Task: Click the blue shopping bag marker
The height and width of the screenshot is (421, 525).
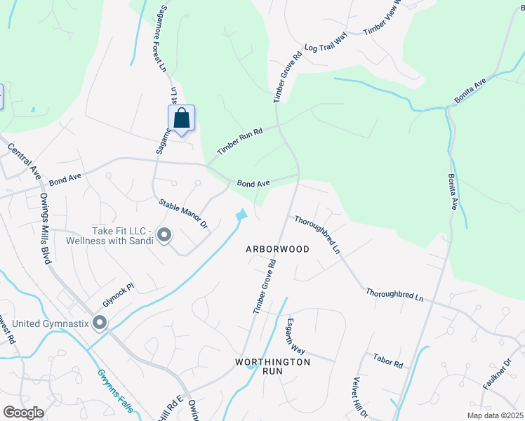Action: [181, 118]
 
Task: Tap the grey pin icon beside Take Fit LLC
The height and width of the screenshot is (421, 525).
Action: [164, 235]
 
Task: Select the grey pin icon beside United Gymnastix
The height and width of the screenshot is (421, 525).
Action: [99, 323]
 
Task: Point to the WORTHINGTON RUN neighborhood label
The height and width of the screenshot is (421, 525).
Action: [272, 367]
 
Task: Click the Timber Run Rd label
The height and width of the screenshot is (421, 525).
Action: [239, 140]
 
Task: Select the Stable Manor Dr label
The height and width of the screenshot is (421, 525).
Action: [184, 213]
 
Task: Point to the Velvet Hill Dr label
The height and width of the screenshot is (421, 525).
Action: [359, 397]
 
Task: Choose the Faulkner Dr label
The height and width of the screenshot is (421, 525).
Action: [498, 374]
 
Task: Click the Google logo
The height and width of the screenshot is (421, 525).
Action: [23, 413]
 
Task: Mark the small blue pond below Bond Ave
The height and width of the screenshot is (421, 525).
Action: [241, 215]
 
